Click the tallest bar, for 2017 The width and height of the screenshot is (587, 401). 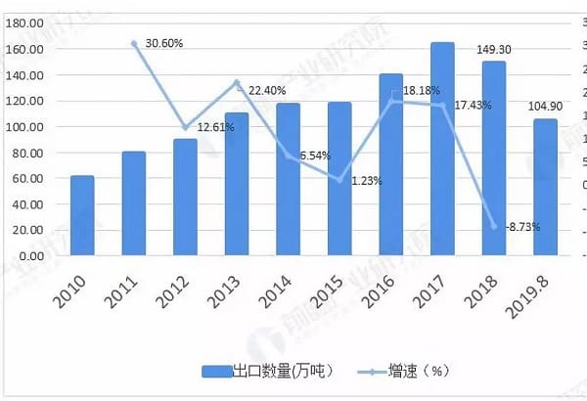[442, 147]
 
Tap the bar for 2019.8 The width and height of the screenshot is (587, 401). [545, 185]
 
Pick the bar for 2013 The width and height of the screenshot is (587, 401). [237, 182]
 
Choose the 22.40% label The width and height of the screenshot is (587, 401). [267, 90]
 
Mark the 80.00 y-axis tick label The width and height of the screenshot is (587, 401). [24, 154]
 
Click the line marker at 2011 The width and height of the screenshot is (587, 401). [134, 43]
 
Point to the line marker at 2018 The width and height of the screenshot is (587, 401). [494, 226]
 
